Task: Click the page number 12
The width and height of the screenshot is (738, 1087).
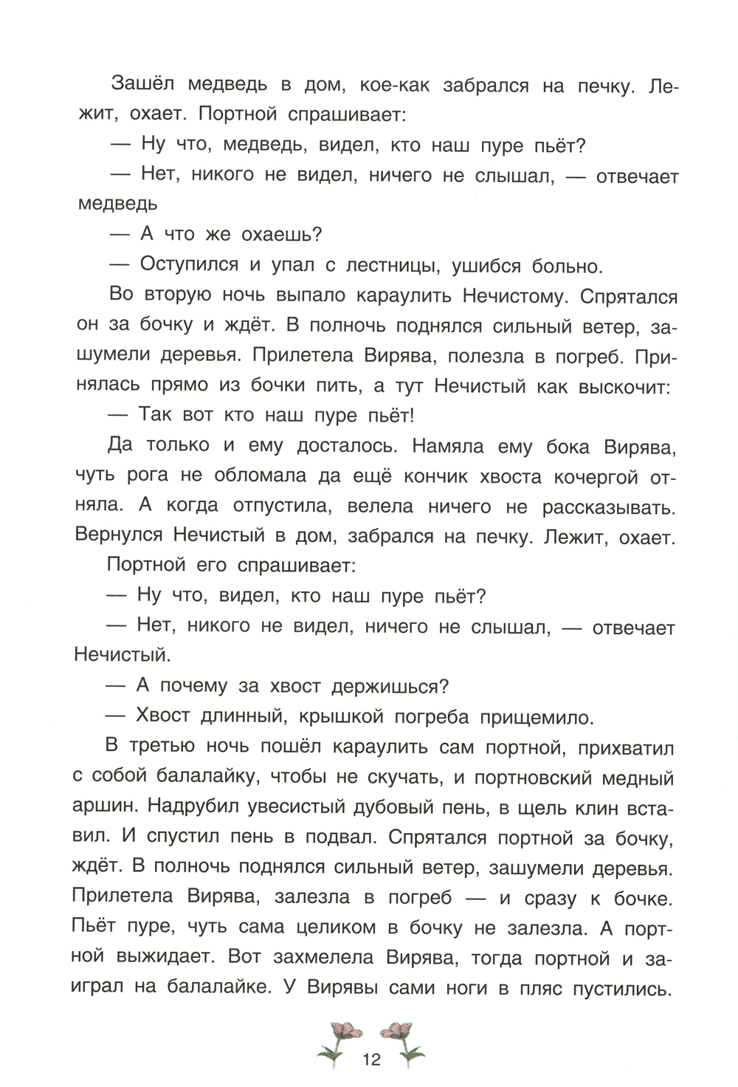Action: pyautogui.click(x=371, y=1060)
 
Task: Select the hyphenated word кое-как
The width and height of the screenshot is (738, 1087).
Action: pyautogui.click(x=392, y=86)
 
